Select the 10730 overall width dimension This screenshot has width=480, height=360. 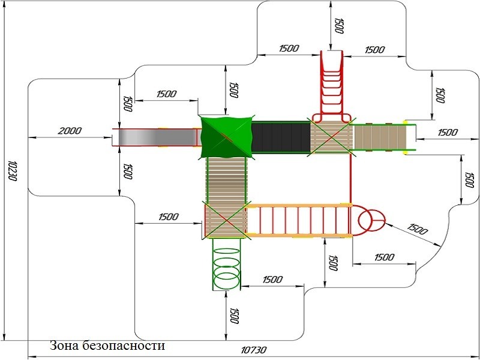254,350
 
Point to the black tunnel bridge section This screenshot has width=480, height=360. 280,137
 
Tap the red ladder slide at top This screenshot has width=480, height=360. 331,84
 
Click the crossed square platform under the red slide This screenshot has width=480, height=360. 330,137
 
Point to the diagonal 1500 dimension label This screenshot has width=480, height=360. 418,230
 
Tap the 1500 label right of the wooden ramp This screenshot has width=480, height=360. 447,132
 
